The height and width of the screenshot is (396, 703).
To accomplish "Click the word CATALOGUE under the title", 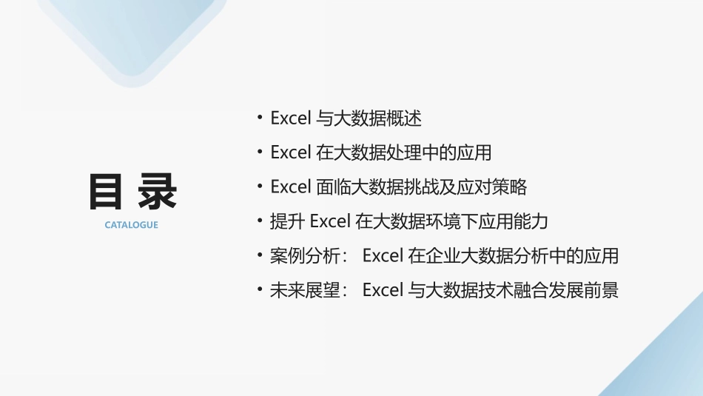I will [131, 225].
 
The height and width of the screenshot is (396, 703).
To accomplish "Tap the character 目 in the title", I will [106, 192].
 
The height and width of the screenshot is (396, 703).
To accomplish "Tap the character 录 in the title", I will [157, 192].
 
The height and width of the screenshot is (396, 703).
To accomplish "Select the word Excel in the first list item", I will [290, 118].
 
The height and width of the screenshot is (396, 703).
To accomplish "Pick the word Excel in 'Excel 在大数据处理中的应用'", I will [290, 152].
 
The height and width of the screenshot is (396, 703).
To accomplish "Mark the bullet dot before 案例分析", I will [260, 255].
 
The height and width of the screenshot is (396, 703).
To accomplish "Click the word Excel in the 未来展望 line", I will [382, 290].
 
